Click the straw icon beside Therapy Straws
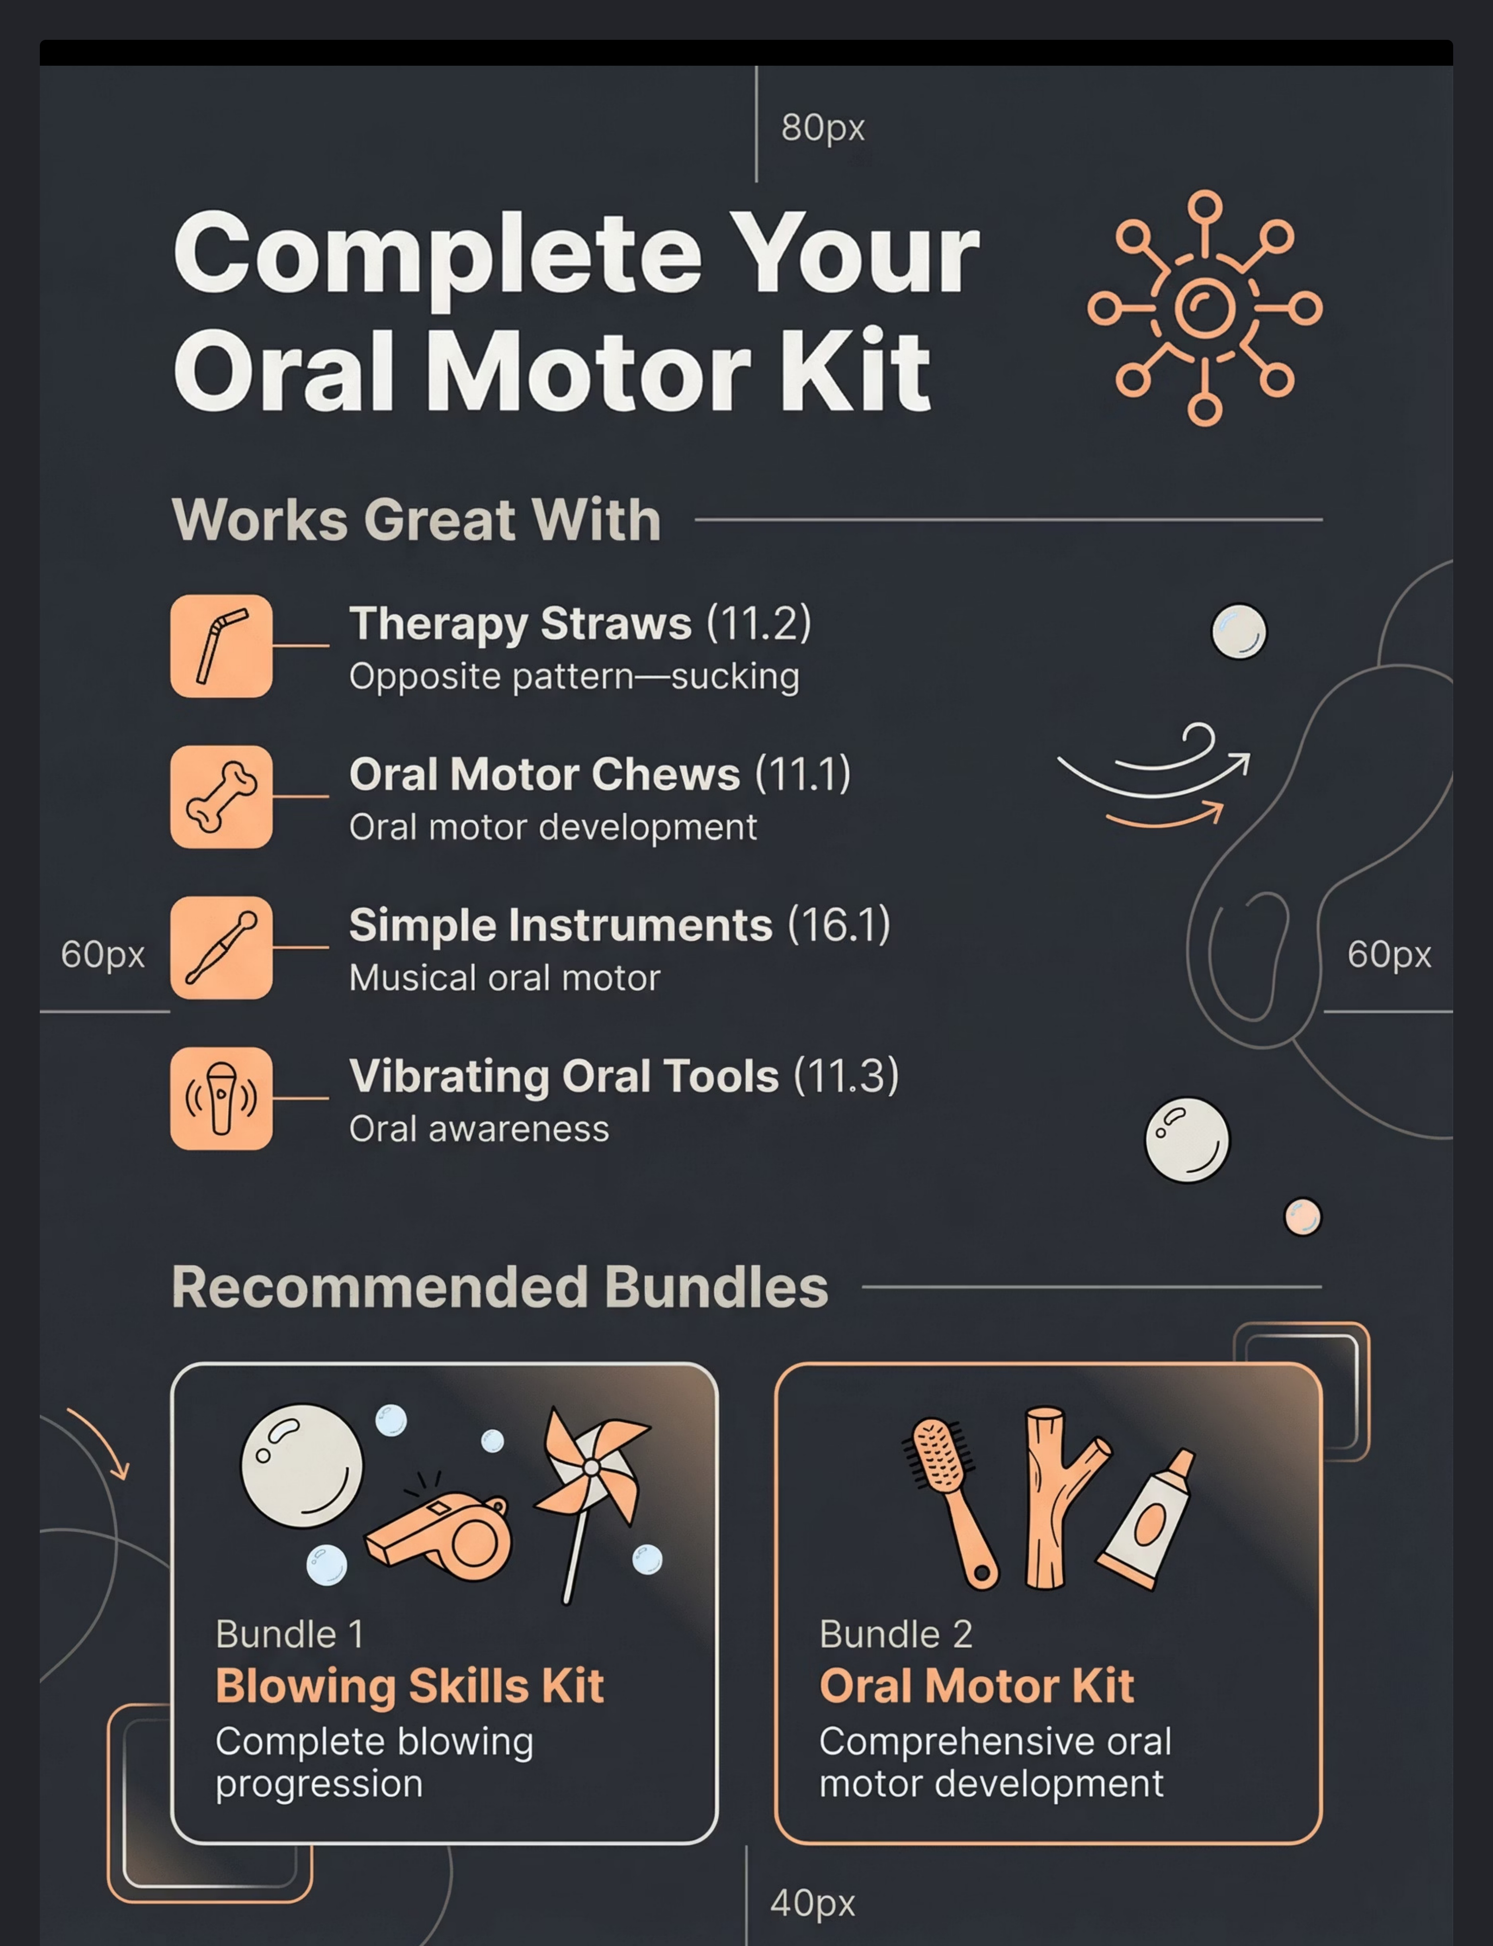tap(221, 646)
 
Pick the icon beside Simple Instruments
tap(221, 947)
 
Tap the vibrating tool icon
tap(221, 1098)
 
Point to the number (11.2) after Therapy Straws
tap(759, 623)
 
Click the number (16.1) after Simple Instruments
tap(839, 925)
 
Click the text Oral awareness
tap(479, 1128)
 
